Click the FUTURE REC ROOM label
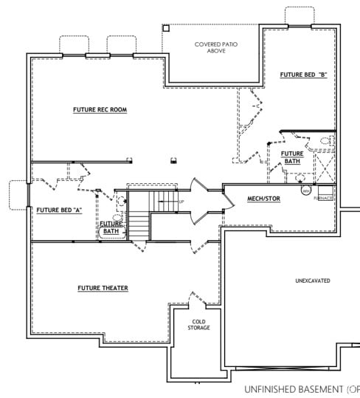click(100, 110)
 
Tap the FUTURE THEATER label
click(103, 287)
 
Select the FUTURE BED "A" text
click(58, 210)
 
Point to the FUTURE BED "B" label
click(303, 75)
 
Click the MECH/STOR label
click(263, 199)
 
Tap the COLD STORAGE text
click(198, 325)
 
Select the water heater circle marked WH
click(305, 191)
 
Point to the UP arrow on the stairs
click(180, 201)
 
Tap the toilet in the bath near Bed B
click(327, 140)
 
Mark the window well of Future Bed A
click(17, 194)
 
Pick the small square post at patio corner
click(166, 28)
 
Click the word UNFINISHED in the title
click(274, 388)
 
